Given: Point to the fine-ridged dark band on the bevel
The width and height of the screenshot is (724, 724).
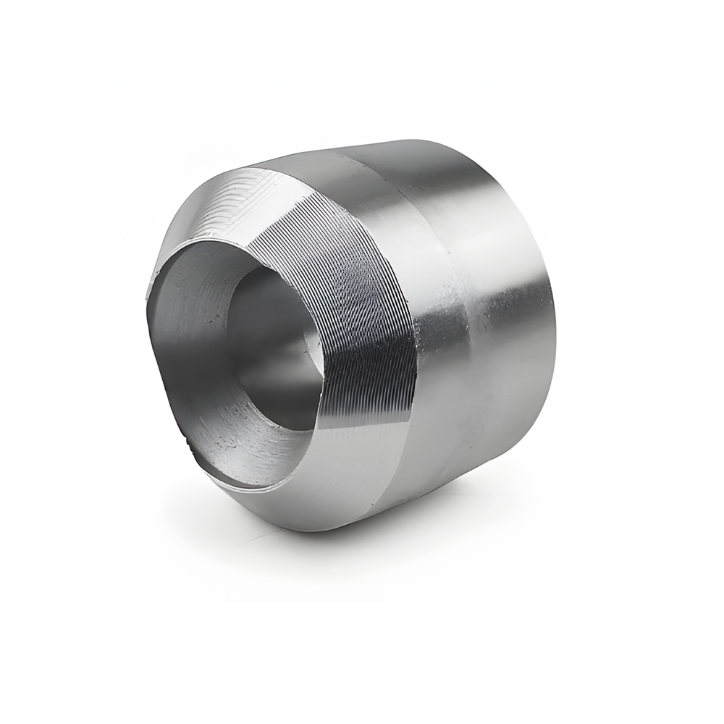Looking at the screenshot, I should [x=362, y=304].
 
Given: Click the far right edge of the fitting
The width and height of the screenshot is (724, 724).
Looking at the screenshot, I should [x=556, y=304].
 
